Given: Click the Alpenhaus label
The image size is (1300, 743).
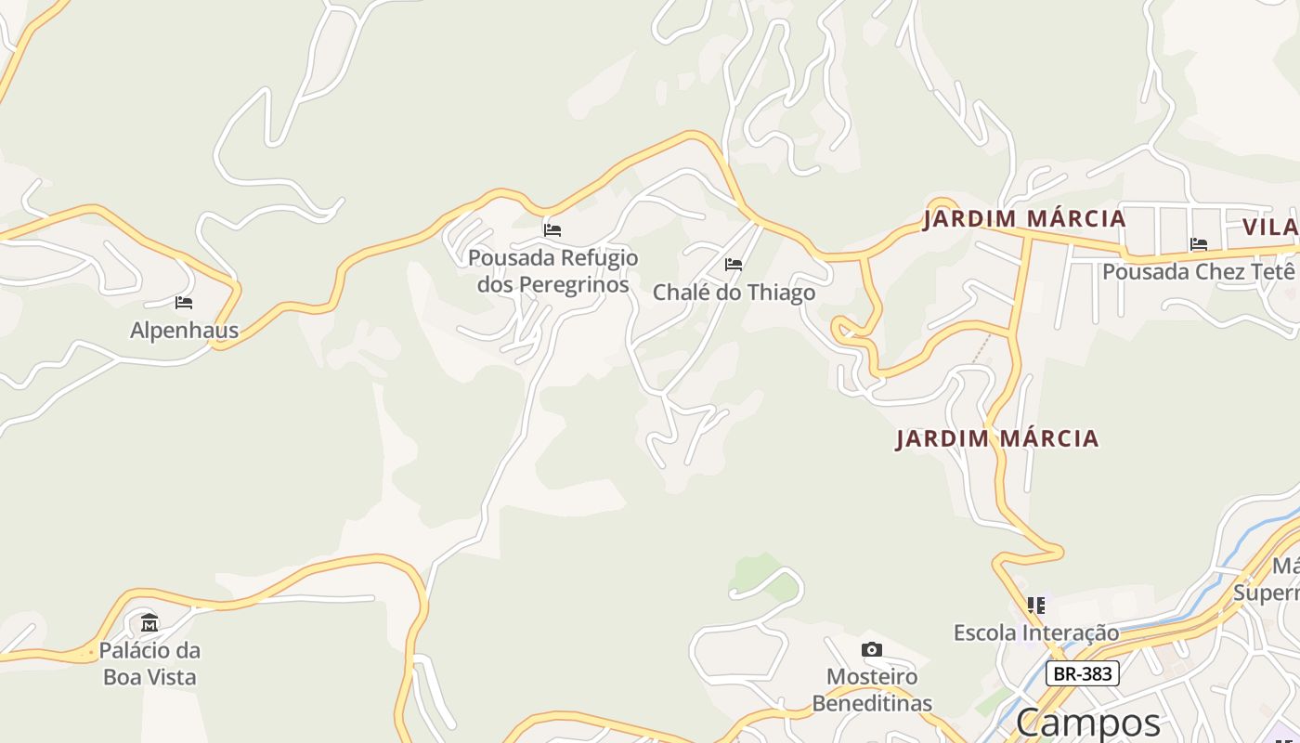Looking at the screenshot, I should click(x=184, y=331).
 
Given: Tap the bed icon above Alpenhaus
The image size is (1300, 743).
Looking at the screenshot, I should click(x=184, y=303).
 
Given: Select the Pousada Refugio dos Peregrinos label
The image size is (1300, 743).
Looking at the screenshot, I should click(x=553, y=270).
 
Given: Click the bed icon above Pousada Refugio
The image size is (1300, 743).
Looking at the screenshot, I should click(x=552, y=230).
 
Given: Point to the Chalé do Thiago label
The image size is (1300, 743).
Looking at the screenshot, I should click(x=734, y=293).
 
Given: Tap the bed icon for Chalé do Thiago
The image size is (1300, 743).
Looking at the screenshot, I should click(x=734, y=265).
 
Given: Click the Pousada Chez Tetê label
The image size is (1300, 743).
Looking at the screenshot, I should click(x=1198, y=272).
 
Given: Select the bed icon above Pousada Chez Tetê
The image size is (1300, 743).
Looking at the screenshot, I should click(x=1199, y=244).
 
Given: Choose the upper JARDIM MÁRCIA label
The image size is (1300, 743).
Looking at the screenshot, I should click(x=1024, y=219).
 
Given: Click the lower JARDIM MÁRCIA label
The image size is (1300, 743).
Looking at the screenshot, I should click(x=997, y=438).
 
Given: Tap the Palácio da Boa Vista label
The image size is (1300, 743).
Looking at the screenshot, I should click(x=149, y=663).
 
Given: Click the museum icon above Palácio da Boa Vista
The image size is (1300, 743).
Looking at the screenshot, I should click(x=149, y=622).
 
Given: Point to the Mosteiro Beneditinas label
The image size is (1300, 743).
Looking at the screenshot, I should click(x=872, y=689).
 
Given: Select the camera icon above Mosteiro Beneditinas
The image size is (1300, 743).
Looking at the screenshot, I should click(x=871, y=649).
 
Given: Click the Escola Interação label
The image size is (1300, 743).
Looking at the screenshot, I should click(x=1036, y=632).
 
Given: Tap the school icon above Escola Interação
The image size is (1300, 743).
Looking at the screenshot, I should click(x=1036, y=606).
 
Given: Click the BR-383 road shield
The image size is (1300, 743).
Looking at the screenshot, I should click(x=1083, y=673).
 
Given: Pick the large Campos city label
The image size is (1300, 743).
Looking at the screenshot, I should click(x=1087, y=722).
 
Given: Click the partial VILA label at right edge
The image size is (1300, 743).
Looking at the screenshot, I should click(x=1271, y=228).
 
